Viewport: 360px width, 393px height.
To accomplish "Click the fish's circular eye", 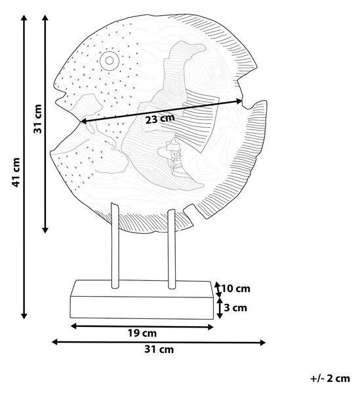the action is point(109,60).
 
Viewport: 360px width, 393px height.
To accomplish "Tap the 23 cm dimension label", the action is point(160,119).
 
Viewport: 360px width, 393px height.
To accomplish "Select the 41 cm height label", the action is point(16,172).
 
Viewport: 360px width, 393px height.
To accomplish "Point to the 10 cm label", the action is point(236,288).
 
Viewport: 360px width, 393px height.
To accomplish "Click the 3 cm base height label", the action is point(235,308).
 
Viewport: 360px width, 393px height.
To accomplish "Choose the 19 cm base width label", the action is point(142,333).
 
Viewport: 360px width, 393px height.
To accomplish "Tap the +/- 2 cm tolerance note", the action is point(330,378).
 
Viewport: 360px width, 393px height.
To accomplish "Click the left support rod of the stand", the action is point(115,246).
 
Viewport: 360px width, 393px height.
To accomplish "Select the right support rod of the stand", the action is point(172,249).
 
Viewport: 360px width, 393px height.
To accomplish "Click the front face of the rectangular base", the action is point(142,308).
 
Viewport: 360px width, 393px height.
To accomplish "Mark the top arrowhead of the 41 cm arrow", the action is point(24,18).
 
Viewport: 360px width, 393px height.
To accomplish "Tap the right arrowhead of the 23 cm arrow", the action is point(239,101).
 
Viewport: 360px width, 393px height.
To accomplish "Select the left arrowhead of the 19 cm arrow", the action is point(74,326).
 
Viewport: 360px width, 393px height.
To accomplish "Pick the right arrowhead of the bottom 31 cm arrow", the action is point(262,343).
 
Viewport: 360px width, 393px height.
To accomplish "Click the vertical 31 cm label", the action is point(38,119).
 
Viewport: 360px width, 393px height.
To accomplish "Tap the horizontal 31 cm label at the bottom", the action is point(159,349).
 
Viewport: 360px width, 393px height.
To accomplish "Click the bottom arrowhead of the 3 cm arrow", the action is point(220,316).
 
